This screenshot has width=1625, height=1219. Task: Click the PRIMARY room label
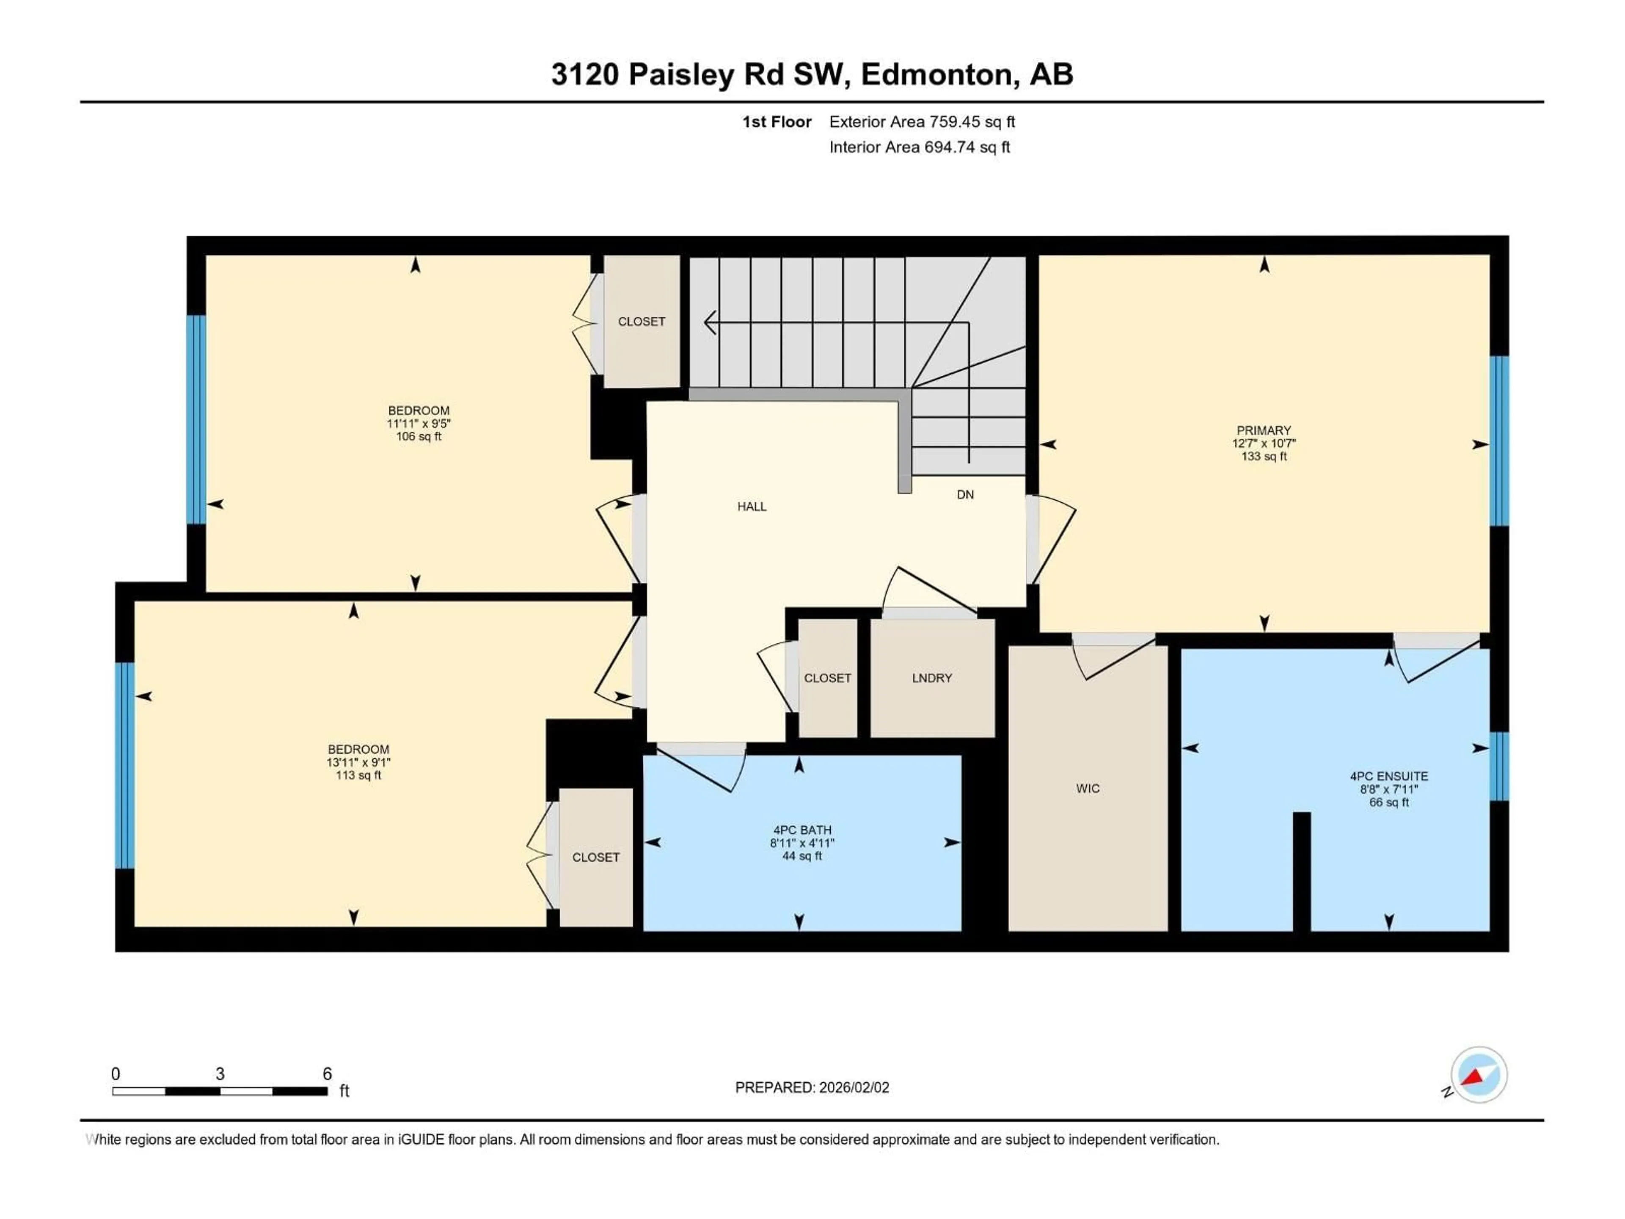click(x=1264, y=430)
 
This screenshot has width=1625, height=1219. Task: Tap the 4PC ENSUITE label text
click(x=1388, y=776)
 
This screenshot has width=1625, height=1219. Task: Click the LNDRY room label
click(x=931, y=678)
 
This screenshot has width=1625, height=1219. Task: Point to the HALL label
click(x=752, y=506)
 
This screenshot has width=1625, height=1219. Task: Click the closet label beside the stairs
click(x=642, y=322)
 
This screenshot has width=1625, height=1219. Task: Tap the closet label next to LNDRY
click(x=827, y=678)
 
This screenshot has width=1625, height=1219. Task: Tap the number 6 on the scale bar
click(x=327, y=1073)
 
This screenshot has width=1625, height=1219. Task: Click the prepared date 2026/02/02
click(x=852, y=1087)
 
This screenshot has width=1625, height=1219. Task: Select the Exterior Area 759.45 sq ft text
click(x=922, y=122)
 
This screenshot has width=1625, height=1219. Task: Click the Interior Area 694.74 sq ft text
click(x=919, y=147)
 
